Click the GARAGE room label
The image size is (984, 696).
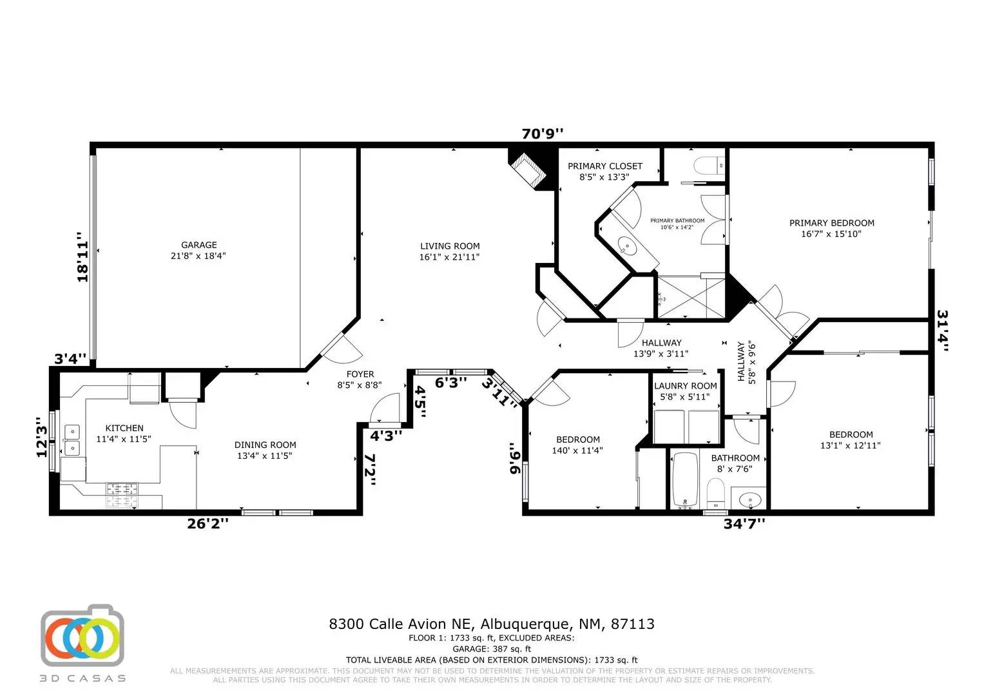pos(198,245)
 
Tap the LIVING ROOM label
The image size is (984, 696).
pos(449,246)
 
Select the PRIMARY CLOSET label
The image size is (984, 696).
pos(605,166)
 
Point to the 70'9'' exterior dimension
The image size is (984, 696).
pos(542,133)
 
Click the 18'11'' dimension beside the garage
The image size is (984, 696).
pos(82,257)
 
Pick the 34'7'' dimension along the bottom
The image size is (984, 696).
pos(744,524)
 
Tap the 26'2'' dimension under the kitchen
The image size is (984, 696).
pos(207,524)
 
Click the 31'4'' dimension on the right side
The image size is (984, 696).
pos(942,331)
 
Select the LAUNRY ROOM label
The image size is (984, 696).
pos(685,386)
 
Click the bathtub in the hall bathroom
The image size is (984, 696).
pos(685,480)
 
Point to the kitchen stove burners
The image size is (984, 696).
pos(122,495)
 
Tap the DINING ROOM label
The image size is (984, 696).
pos(265,445)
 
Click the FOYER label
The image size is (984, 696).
pos(360,374)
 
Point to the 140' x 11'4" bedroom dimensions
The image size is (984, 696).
pos(577,450)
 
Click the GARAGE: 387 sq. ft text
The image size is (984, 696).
pos(492,648)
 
